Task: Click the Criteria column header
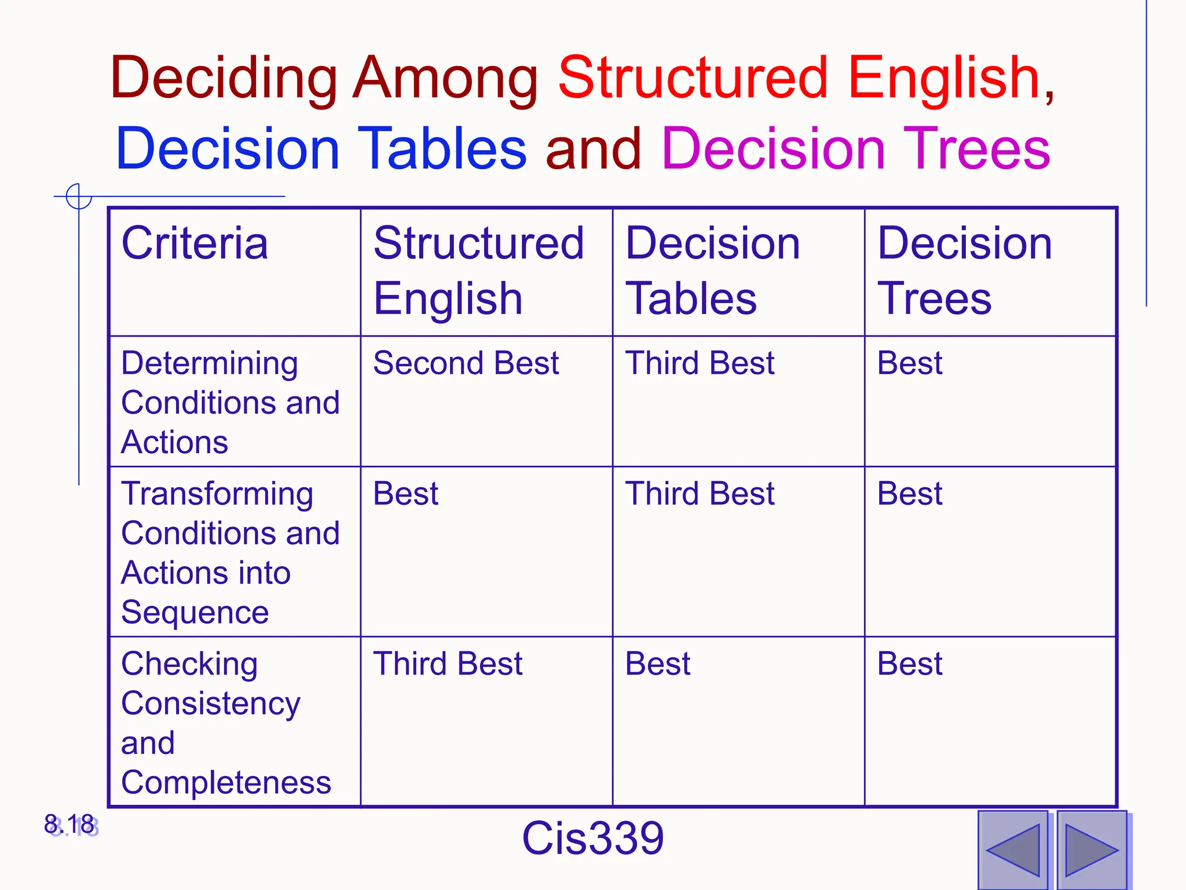[x=195, y=243]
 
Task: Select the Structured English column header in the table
[x=478, y=271]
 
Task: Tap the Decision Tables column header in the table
[x=712, y=271]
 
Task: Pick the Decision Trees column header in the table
[x=964, y=271]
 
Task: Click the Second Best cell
[x=466, y=363]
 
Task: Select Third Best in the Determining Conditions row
[x=700, y=363]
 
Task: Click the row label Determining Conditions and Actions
[x=230, y=402]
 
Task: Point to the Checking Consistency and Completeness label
[x=226, y=723]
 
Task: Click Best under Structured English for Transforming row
[x=405, y=494]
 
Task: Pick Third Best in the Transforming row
[x=700, y=494]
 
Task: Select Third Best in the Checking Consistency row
[x=448, y=663]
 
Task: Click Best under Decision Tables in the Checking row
[x=658, y=663]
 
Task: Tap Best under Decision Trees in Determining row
[x=909, y=363]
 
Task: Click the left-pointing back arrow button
[x=1013, y=850]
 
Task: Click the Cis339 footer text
[x=592, y=838]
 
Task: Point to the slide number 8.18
[x=69, y=825]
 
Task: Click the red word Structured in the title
[x=693, y=78]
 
